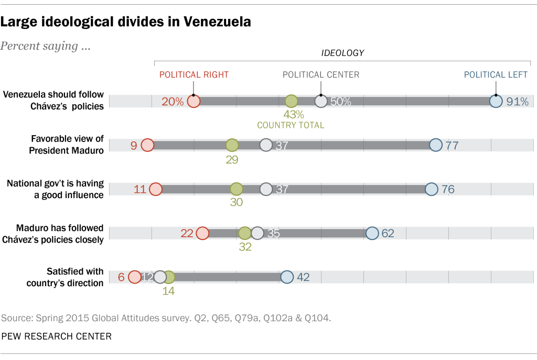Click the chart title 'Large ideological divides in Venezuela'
coord(125,22)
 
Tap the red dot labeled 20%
coord(194,101)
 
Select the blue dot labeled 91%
coord(496,101)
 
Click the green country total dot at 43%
coord(291,101)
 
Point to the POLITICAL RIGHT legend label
coord(194,74)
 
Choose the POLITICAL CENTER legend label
coord(321,74)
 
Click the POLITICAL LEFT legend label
coord(496,74)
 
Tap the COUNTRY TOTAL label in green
coord(291,125)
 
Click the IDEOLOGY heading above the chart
coord(342,53)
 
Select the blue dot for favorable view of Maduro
coord(435,145)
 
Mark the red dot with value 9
coord(147,145)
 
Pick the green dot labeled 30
coord(237,189)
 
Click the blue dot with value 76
coord(431,189)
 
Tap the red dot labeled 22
coord(202,233)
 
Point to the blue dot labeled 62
coord(372,233)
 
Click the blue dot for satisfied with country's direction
coord(287,277)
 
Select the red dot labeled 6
coord(135,277)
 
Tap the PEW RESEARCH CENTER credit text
coord(57,336)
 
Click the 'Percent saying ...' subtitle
coord(46,46)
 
